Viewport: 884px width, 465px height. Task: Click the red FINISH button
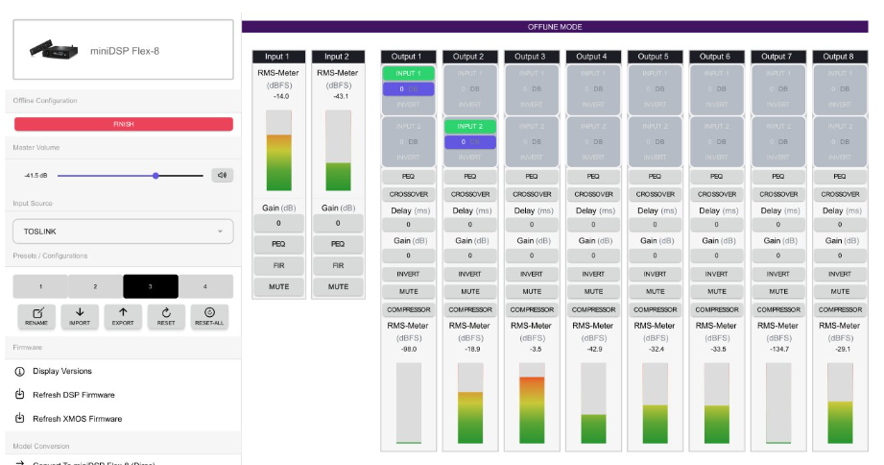[123, 124]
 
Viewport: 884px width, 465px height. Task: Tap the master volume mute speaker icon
[223, 175]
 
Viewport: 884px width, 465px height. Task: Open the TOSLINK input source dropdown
[123, 231]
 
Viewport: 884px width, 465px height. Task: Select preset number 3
[151, 286]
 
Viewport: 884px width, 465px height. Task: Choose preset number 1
[40, 286]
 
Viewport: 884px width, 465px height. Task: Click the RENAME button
[37, 316]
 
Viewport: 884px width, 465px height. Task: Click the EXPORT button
[123, 316]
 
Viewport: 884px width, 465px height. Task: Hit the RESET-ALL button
[209, 316]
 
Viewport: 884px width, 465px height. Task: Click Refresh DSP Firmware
[73, 395]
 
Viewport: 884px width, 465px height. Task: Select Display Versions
[62, 371]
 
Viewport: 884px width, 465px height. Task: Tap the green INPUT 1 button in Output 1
[408, 73]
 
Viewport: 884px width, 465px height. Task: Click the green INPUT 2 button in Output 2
[469, 126]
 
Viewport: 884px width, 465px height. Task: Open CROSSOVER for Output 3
[531, 194]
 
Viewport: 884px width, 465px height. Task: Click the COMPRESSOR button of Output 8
[839, 309]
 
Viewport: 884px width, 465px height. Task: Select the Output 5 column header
[655, 57]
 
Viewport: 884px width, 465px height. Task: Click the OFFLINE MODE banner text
[555, 27]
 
